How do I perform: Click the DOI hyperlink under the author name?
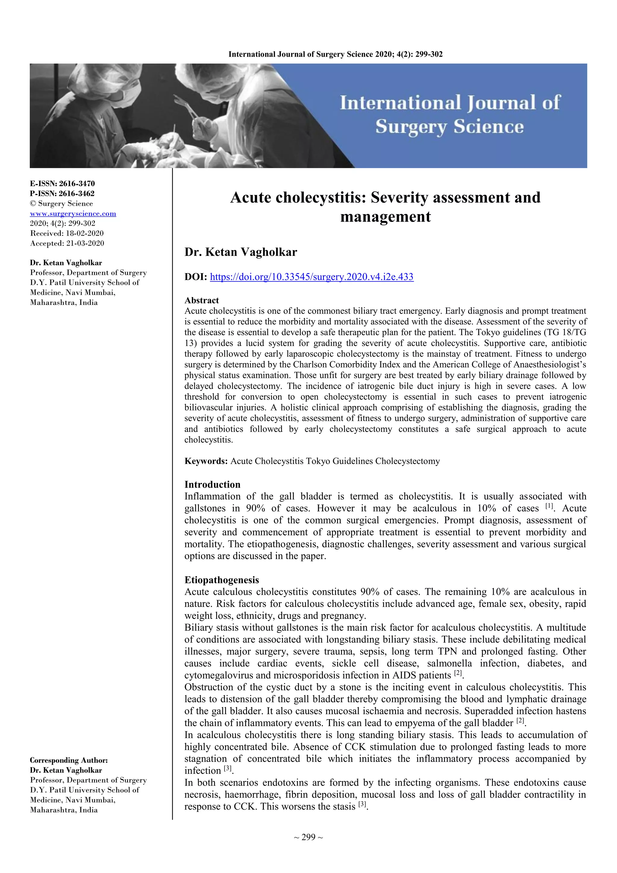(x=311, y=277)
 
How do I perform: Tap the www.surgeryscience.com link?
(x=73, y=214)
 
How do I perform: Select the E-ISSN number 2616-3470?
(x=77, y=184)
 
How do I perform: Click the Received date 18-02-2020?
(x=84, y=233)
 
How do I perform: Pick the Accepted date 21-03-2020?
(x=84, y=243)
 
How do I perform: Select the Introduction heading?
(x=212, y=484)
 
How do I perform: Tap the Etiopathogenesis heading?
(x=221, y=580)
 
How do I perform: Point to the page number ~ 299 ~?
(x=308, y=837)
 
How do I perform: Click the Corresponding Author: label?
(x=69, y=760)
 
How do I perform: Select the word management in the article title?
(x=385, y=217)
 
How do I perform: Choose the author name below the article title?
(x=240, y=252)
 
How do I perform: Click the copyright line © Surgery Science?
(x=61, y=204)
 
